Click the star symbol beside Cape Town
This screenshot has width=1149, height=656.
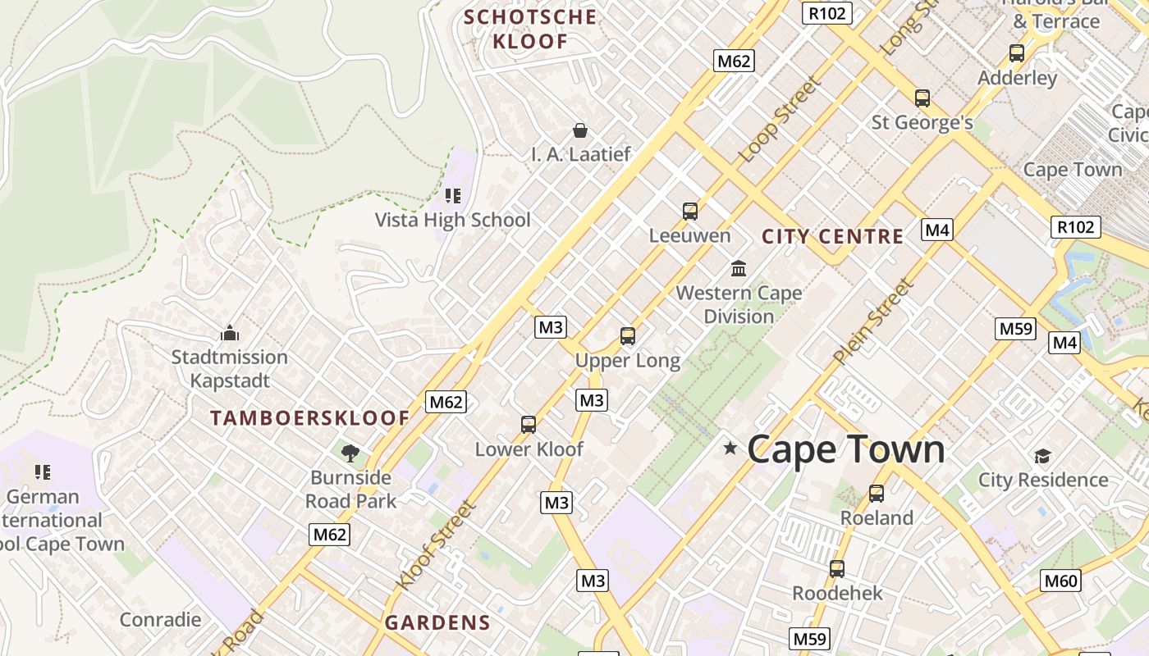pos(730,448)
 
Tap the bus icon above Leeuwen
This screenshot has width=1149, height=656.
pos(690,211)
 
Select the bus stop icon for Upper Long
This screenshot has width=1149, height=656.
pos(628,335)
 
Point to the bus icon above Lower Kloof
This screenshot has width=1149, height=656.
pos(529,424)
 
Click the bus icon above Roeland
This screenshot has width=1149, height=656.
pos(877,493)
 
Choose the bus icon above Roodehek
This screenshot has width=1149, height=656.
pos(837,568)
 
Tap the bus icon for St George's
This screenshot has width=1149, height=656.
pos(922,98)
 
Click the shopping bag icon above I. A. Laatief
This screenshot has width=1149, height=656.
pos(580,130)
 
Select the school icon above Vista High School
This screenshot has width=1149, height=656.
pos(452,195)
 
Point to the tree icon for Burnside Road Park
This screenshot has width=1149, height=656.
pos(350,452)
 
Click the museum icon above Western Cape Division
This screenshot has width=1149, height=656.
pos(739,268)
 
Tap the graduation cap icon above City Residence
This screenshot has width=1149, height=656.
pos(1042,456)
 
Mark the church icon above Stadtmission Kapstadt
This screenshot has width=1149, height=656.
pos(229,333)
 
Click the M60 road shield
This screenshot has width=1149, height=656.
pos(1060,581)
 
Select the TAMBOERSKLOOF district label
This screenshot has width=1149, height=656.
pos(309,418)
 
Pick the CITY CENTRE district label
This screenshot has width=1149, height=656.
pos(832,237)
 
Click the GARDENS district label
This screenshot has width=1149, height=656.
pos(437,622)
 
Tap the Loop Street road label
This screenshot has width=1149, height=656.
pos(779,120)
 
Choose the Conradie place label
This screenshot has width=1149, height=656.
pos(160,619)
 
